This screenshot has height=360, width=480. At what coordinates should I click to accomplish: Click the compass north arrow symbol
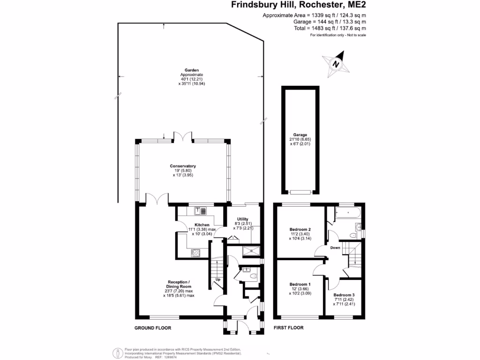pyautogui.click(x=336, y=64)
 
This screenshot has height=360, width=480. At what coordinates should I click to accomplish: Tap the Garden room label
pyautogui.click(x=192, y=70)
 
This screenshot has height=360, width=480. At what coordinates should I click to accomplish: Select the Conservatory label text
pyautogui.click(x=183, y=166)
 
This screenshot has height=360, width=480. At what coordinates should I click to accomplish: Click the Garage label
pyautogui.click(x=300, y=135)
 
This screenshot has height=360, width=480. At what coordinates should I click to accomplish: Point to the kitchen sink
pyautogui.click(x=201, y=210)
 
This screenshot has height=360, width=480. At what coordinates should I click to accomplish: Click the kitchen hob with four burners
pyautogui.click(x=195, y=253)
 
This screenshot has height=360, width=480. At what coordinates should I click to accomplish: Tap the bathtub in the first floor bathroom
pyautogui.click(x=348, y=212)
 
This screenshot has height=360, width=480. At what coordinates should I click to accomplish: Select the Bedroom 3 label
pyautogui.click(x=344, y=295)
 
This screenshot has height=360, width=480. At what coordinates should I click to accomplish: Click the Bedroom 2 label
pyautogui.click(x=300, y=229)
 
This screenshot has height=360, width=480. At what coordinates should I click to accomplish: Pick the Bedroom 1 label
pyautogui.click(x=300, y=285)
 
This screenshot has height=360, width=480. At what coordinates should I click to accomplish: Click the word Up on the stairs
pyautogui.click(x=218, y=279)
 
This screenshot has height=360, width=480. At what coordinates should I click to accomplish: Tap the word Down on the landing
pyautogui.click(x=335, y=247)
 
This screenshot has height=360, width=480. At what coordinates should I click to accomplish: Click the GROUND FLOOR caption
pyautogui.click(x=153, y=328)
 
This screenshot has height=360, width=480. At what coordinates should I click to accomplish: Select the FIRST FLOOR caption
pyautogui.click(x=289, y=328)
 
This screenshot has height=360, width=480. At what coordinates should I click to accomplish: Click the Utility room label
pyautogui.click(x=242, y=219)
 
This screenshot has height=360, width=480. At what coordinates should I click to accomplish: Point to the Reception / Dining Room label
pyautogui.click(x=179, y=284)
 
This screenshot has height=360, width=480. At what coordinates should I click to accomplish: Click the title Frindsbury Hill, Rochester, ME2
pyautogui.click(x=299, y=5)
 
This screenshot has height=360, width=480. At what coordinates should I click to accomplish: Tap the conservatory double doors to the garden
pyautogui.click(x=183, y=136)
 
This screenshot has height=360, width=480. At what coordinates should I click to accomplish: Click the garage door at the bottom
pyautogui.click(x=300, y=192)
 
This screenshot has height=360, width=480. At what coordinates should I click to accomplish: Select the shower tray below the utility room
pyautogui.click(x=251, y=251)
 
